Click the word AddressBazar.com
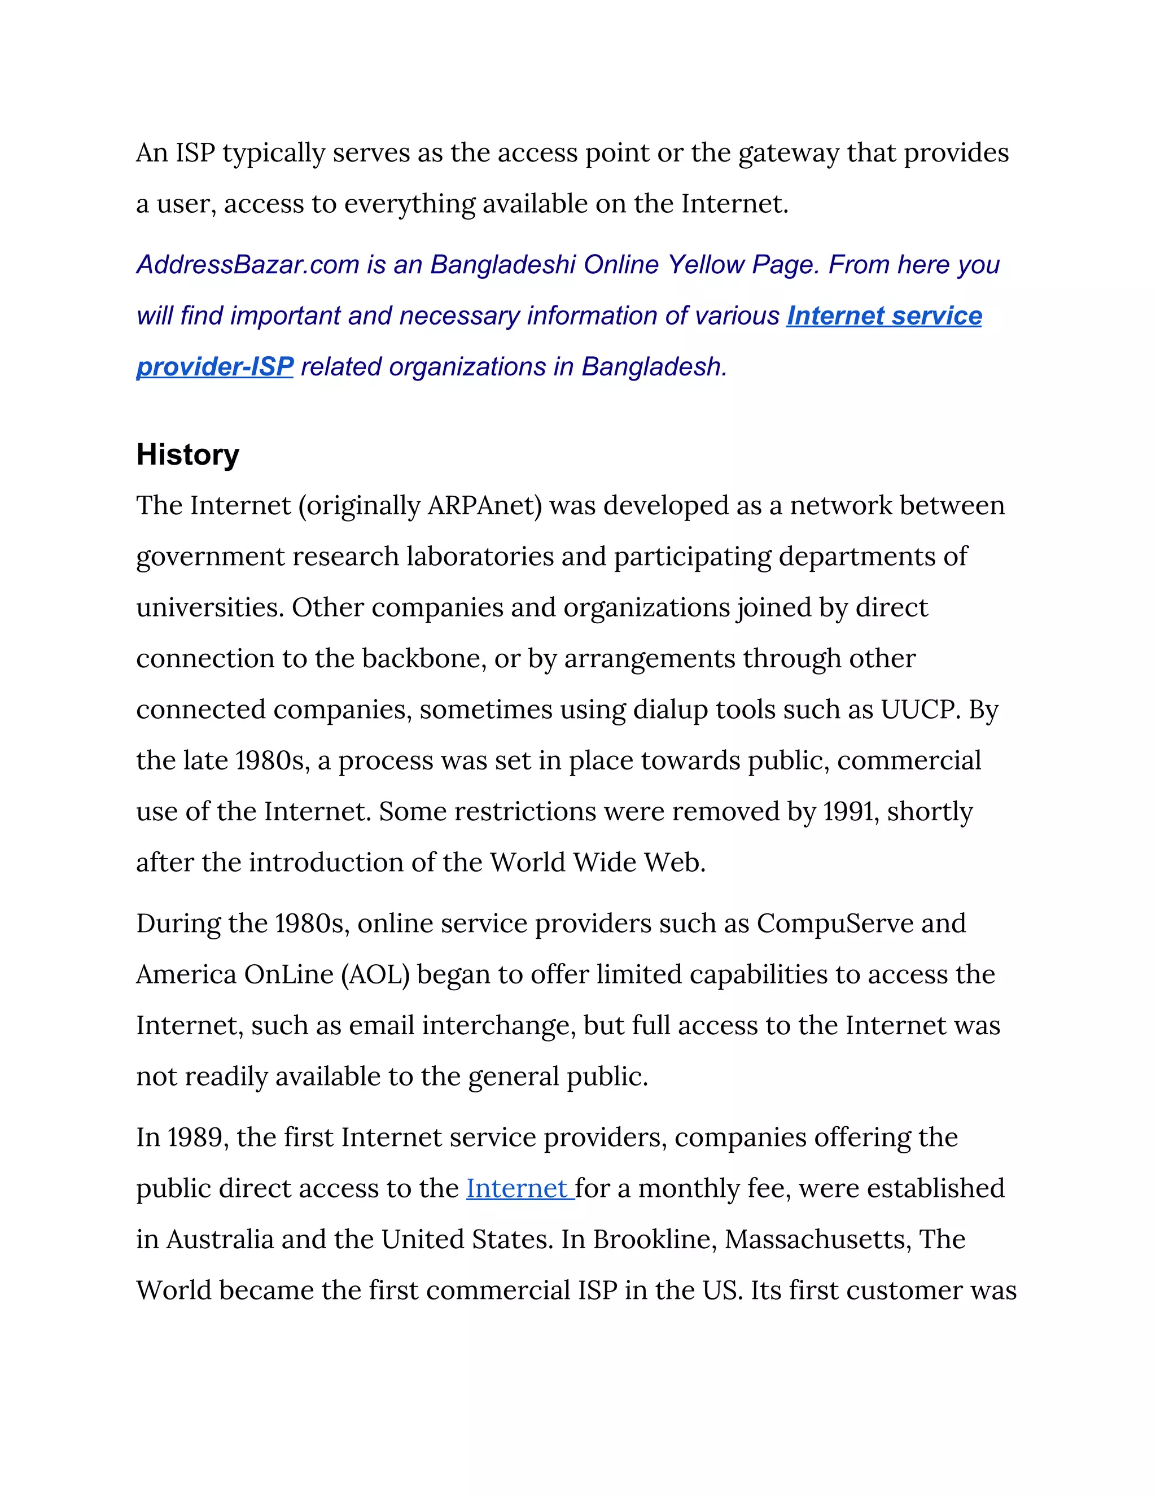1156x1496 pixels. [x=247, y=264]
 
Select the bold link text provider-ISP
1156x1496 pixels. [x=214, y=366]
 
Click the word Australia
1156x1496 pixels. [x=219, y=1239]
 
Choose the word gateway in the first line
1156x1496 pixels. [x=788, y=154]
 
